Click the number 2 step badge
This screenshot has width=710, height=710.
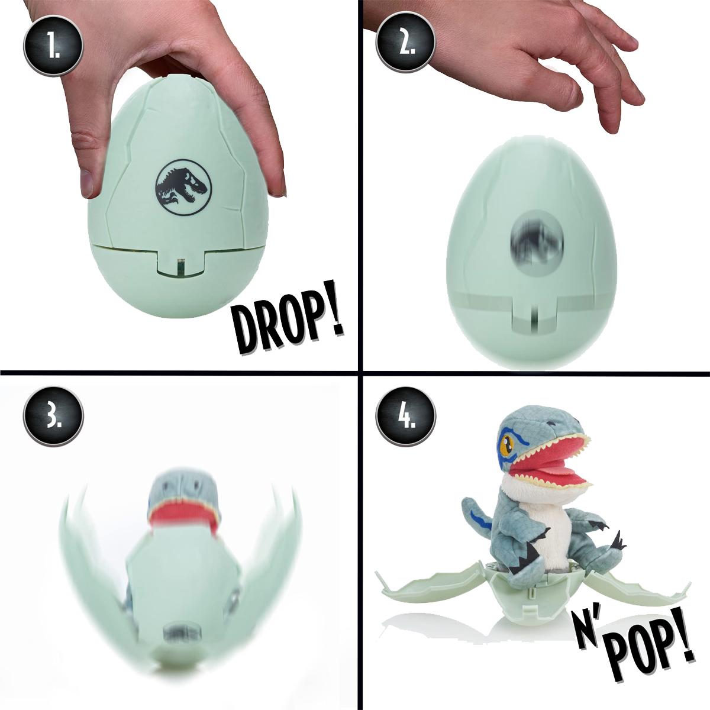[406, 46]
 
